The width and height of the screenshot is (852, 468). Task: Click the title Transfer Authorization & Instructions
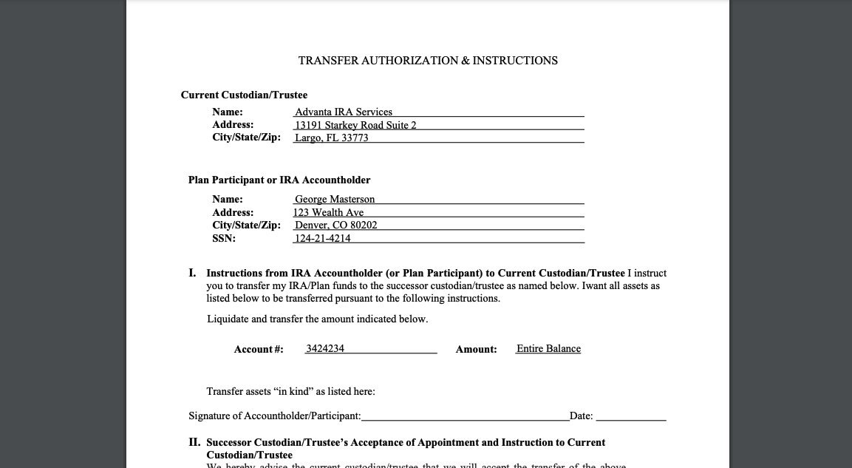click(428, 61)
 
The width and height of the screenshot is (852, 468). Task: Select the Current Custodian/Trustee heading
click(244, 95)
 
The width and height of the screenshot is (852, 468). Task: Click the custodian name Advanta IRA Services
click(344, 112)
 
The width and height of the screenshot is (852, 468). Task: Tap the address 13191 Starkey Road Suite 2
click(355, 125)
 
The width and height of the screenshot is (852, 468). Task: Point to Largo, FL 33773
click(331, 138)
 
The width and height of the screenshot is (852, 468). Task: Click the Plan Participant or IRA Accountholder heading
click(279, 180)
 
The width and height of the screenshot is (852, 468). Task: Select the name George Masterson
click(335, 199)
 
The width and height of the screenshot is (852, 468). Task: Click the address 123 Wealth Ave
click(328, 212)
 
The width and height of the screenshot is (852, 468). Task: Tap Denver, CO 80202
click(335, 225)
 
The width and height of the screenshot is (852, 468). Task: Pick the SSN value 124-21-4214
click(322, 238)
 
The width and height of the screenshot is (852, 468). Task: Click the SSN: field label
click(224, 238)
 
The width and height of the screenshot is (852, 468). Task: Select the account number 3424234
click(325, 348)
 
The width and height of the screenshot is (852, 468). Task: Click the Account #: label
click(259, 349)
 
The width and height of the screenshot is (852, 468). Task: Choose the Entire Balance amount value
click(548, 348)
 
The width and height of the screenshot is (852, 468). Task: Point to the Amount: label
click(476, 349)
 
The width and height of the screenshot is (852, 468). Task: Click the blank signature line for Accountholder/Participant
click(466, 416)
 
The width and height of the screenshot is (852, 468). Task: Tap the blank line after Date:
click(631, 416)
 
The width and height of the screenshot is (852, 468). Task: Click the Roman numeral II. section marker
click(194, 442)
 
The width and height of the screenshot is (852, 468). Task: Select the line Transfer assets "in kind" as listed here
click(290, 391)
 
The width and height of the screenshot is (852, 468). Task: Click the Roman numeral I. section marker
click(192, 273)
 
